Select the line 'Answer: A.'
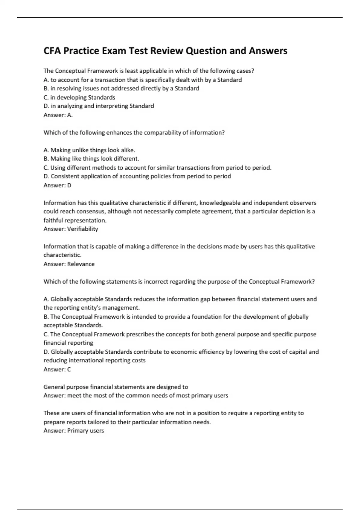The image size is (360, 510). tap(58, 115)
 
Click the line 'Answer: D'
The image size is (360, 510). tap(57, 185)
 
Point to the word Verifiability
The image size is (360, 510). tap(82, 229)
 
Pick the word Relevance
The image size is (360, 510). tap(81, 264)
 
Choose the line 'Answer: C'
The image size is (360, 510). tap(57, 369)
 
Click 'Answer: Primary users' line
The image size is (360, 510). tap(74, 430)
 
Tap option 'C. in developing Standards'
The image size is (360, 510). tap(79, 97)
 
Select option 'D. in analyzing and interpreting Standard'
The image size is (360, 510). tap(99, 106)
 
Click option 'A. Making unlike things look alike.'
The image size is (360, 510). tap(89, 150)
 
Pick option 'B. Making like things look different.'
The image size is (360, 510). tap(91, 159)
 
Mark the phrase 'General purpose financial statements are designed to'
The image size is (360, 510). tap(116, 387)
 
